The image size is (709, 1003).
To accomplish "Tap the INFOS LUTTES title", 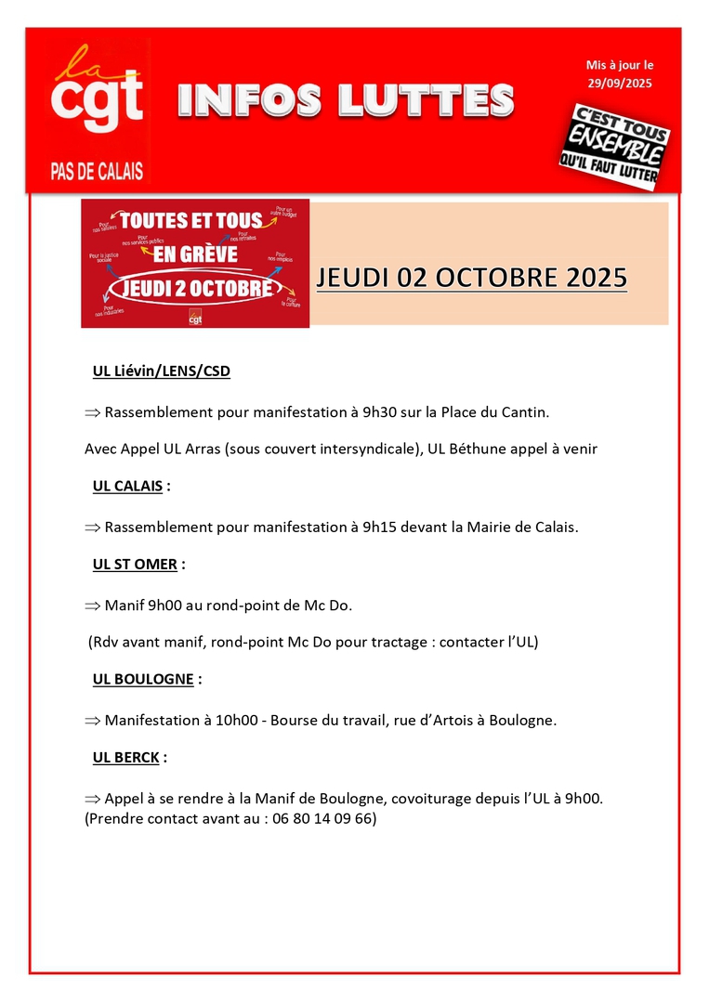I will click(x=345, y=101).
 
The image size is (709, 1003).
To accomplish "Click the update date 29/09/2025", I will click(x=620, y=84).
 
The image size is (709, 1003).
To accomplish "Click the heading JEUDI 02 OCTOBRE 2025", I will click(x=471, y=278).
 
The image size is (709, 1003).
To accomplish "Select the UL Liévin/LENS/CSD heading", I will click(x=161, y=371).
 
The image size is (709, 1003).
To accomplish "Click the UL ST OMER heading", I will click(x=135, y=564).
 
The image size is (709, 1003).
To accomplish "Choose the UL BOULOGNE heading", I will click(x=143, y=679).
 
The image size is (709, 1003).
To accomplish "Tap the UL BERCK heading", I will click(x=125, y=757).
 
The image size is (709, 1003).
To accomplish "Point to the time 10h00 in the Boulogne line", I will click(x=232, y=720).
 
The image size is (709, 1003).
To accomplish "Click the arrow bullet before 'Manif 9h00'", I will click(x=92, y=606).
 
